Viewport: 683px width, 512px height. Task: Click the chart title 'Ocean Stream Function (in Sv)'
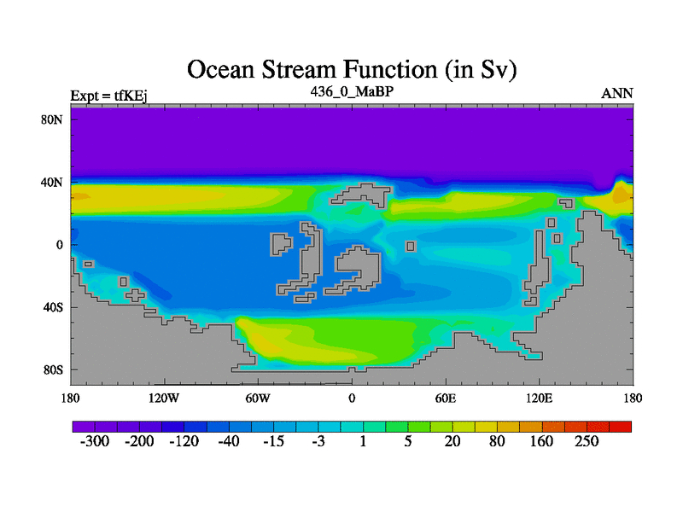352,70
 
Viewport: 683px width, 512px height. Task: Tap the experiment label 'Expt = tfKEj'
108,96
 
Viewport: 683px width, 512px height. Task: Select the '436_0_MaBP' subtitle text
352,92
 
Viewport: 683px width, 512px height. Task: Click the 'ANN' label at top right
617,93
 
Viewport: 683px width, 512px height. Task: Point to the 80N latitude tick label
52,119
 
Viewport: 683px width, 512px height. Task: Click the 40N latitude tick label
52,183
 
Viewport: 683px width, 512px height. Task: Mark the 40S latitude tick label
53,307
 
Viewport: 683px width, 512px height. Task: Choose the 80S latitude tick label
53,370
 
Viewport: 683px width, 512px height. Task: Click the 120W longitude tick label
164,398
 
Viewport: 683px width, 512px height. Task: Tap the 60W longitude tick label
258,398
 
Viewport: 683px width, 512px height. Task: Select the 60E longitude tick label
446,398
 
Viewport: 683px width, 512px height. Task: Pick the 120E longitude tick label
540,398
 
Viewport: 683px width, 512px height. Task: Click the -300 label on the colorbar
95,441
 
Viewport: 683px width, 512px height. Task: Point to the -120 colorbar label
184,441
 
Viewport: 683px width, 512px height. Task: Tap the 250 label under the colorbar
587,441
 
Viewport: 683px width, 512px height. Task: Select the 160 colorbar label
541,441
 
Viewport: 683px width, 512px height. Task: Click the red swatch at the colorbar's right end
621,427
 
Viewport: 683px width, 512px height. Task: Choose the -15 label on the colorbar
273,441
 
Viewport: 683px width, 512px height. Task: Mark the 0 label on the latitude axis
59,245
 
